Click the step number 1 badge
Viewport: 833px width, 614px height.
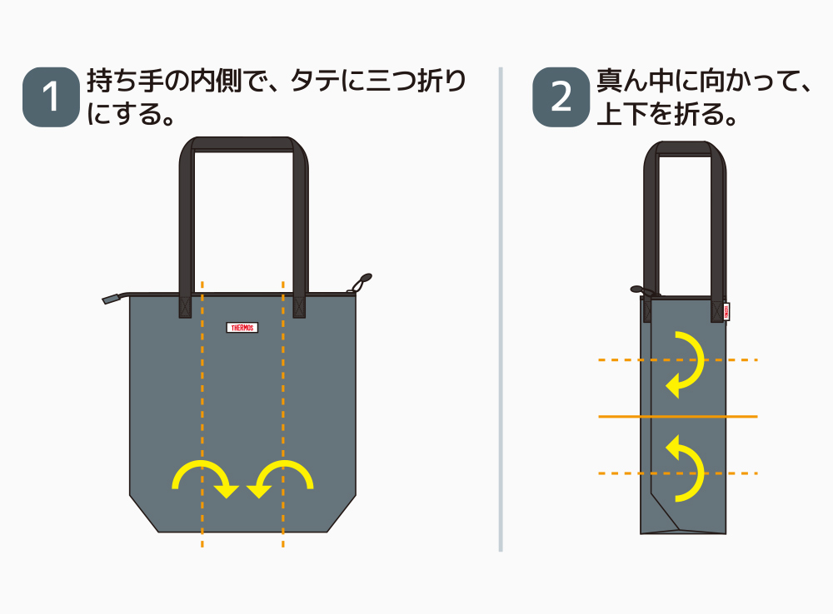coord(51,98)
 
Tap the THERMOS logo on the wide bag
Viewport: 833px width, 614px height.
coord(242,328)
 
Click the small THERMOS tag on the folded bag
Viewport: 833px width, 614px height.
coord(726,309)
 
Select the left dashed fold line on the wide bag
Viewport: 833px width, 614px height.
coord(202,416)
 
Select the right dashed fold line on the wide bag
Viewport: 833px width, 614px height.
coord(283,416)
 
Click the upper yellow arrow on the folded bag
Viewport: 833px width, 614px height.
coord(687,364)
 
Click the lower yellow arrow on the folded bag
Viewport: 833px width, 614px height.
coord(687,468)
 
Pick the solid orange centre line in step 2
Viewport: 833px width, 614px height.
coord(678,415)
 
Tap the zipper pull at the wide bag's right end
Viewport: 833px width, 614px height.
coord(363,282)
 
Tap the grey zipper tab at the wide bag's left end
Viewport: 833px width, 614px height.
coord(112,298)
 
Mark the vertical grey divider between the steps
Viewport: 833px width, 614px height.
coord(501,308)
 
